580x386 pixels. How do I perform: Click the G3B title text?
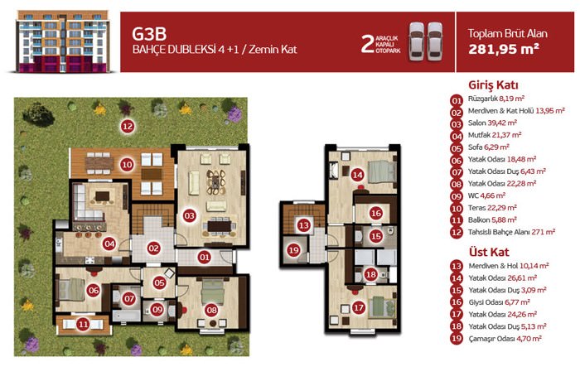[149, 34]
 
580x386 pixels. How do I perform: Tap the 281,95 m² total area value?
[504, 48]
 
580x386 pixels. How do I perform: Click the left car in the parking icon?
[417, 41]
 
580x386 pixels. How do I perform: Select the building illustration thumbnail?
[62, 41]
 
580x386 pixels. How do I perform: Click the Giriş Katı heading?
[493, 84]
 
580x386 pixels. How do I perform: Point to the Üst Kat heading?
[489, 252]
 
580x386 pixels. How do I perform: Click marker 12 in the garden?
[128, 127]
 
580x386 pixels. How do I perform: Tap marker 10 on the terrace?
[127, 165]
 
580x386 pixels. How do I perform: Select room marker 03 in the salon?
[189, 215]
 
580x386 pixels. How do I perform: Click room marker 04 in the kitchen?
[109, 244]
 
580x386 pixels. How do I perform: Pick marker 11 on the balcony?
[83, 325]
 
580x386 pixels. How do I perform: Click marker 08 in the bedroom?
[211, 310]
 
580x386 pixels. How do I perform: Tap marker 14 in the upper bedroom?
[358, 175]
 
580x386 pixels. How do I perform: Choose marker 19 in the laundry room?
[293, 250]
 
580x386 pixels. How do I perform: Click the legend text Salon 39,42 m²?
[492, 123]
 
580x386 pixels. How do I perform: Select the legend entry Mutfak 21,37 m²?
[495, 135]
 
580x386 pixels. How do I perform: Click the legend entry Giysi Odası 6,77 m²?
[500, 302]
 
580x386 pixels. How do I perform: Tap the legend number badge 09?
[457, 196]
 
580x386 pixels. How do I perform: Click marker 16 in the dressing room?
[376, 213]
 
